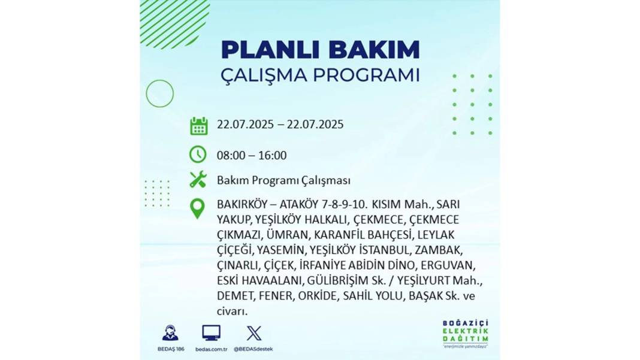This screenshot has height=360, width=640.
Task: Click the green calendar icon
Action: (199, 126)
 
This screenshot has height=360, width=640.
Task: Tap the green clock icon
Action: (198, 155)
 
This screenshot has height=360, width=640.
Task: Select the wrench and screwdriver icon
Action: (198, 180)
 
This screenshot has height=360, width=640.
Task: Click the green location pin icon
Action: (198, 208)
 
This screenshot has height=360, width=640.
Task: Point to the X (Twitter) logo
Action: (253, 334)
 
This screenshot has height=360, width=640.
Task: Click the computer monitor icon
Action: (211, 333)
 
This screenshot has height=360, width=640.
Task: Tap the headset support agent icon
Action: (170, 332)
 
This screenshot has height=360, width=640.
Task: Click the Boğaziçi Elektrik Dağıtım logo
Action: (465, 334)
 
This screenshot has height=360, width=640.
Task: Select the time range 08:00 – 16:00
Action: (252, 156)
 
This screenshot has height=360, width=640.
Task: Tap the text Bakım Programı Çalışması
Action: (283, 180)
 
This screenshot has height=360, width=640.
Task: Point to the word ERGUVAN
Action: (448, 265)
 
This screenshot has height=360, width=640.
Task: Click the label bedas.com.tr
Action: (211, 349)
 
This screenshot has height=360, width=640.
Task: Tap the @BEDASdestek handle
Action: (253, 349)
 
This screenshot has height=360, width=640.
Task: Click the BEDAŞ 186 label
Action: (171, 349)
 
